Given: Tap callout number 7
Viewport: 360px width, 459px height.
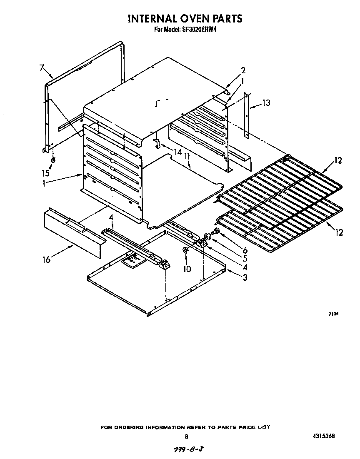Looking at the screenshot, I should (x=42, y=67).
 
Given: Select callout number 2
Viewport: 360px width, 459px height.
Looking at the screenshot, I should (x=243, y=70).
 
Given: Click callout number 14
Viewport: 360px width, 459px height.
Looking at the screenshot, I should (x=178, y=152).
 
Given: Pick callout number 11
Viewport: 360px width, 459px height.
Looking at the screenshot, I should (x=187, y=156).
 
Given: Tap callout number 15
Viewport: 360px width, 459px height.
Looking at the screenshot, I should (x=45, y=173).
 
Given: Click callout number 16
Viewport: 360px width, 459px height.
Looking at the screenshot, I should (x=46, y=259).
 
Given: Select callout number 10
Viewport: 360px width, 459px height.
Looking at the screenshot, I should (x=187, y=269).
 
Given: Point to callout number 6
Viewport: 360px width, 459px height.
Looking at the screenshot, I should (x=245, y=250).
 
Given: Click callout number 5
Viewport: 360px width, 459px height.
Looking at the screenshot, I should (x=245, y=259).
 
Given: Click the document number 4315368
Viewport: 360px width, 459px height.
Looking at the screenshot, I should (x=323, y=436).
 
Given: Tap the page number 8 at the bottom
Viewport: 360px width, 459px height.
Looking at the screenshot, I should (x=187, y=437).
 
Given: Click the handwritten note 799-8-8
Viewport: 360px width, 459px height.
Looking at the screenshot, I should (x=186, y=450).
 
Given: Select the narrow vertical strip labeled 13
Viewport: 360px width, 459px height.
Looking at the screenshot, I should (x=246, y=115).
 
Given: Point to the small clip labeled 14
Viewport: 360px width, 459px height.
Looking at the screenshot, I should (x=157, y=143).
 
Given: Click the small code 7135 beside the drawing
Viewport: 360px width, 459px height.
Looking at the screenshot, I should (x=332, y=315).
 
